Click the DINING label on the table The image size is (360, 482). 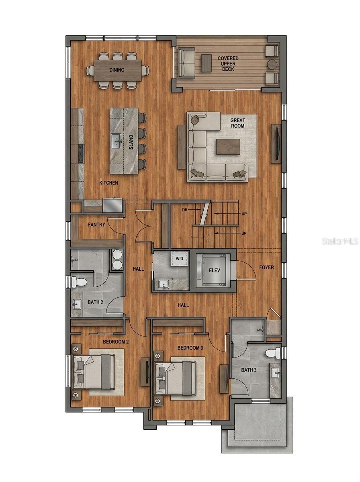[x=117, y=70]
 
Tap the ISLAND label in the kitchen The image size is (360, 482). [x=131, y=143]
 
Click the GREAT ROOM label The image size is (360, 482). [x=237, y=123]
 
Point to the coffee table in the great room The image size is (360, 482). [x=228, y=147]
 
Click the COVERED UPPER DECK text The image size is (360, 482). [x=228, y=64]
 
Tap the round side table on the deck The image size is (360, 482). [x=273, y=65]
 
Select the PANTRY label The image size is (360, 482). [x=96, y=225]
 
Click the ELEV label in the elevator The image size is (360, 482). [x=215, y=271]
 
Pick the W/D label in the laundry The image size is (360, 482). [x=179, y=258]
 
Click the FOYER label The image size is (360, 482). [x=266, y=267]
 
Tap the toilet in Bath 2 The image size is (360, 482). [x=79, y=282]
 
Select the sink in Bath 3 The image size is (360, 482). [x=276, y=372]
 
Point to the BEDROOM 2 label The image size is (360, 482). [x=116, y=342]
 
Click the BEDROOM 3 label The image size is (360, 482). [x=190, y=348]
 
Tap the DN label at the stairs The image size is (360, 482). [x=184, y=210]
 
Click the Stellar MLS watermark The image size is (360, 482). [x=340, y=241]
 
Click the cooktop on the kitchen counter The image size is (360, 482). [x=81, y=153]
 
